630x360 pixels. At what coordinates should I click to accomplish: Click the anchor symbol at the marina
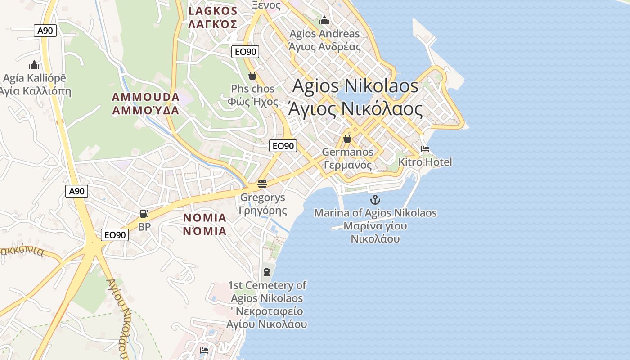tap(375, 200)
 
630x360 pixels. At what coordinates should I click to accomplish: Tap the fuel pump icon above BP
tap(144, 214)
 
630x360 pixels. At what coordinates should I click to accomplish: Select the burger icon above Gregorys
tap(262, 184)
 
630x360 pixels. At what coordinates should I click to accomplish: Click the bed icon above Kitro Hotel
tap(425, 149)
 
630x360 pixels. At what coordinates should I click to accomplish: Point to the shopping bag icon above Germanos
tap(347, 139)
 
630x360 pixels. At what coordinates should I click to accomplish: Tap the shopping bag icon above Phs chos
tap(252, 76)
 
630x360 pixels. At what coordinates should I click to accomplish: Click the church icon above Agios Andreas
tap(324, 20)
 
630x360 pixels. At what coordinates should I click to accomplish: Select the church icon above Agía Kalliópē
tap(34, 65)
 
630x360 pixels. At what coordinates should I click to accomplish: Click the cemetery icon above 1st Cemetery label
tap(267, 271)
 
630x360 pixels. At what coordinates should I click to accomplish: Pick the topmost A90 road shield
tap(45, 31)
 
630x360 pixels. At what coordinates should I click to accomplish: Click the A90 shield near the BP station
tap(76, 191)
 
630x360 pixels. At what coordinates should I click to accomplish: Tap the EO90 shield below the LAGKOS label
tap(245, 52)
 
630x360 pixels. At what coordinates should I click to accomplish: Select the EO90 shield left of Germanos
tap(283, 145)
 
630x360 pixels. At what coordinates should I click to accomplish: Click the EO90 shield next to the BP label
tap(115, 234)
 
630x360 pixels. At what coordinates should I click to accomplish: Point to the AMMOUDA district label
tap(145, 103)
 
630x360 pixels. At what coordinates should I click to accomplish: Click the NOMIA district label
tap(205, 225)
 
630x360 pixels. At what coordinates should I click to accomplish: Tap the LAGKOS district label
tap(212, 18)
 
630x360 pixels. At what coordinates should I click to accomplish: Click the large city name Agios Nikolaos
tap(355, 97)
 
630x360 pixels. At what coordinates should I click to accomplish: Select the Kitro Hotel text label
tap(425, 162)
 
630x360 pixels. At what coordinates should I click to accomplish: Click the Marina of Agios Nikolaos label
tap(375, 225)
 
